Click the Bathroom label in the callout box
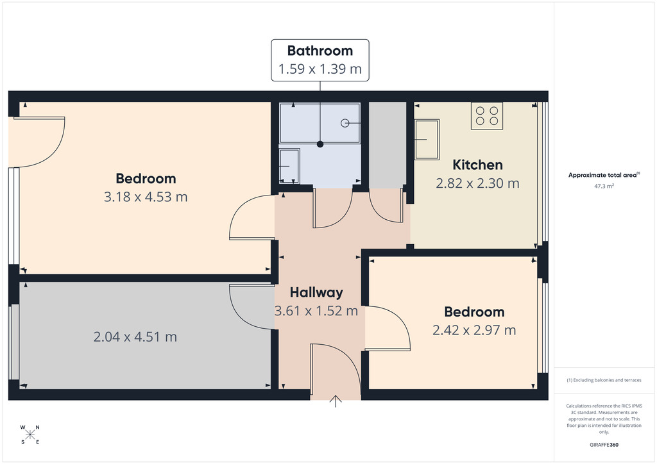(320, 51)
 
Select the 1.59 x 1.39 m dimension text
(320, 69)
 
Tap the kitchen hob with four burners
(487, 116)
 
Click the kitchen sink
(427, 139)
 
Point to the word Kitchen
(477, 165)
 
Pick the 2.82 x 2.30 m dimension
(477, 183)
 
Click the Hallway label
(316, 292)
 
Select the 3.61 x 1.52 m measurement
(316, 311)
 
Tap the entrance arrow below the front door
(336, 401)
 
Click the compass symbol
(30, 435)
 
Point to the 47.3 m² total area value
(604, 186)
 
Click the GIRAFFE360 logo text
(604, 445)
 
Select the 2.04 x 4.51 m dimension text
(135, 337)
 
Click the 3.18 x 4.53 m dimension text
(146, 197)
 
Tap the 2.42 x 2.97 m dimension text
(474, 330)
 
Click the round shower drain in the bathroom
(345, 123)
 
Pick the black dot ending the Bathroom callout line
(320, 144)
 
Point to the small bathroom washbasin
(289, 166)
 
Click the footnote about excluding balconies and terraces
(604, 380)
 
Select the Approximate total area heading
(604, 176)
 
